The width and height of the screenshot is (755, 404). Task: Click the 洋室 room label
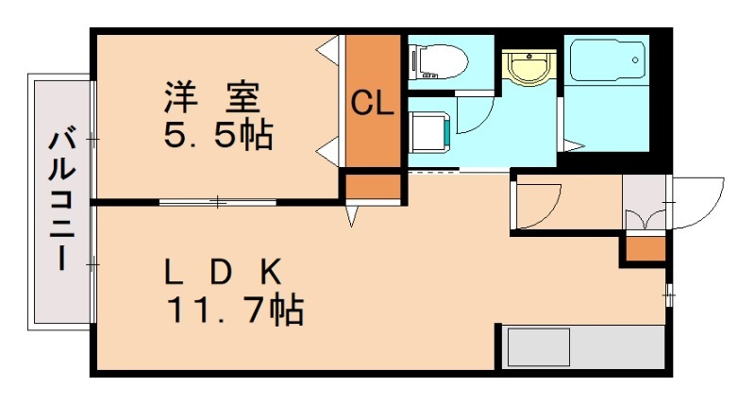(216, 96)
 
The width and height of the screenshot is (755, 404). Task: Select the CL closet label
(372, 104)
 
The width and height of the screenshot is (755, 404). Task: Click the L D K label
(223, 272)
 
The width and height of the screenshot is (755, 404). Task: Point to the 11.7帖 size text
(235, 308)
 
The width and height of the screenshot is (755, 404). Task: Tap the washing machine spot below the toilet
(429, 129)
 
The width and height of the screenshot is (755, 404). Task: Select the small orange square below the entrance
(646, 250)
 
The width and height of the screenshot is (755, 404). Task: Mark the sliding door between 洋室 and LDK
(218, 201)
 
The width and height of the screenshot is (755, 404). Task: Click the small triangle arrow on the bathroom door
(573, 144)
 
